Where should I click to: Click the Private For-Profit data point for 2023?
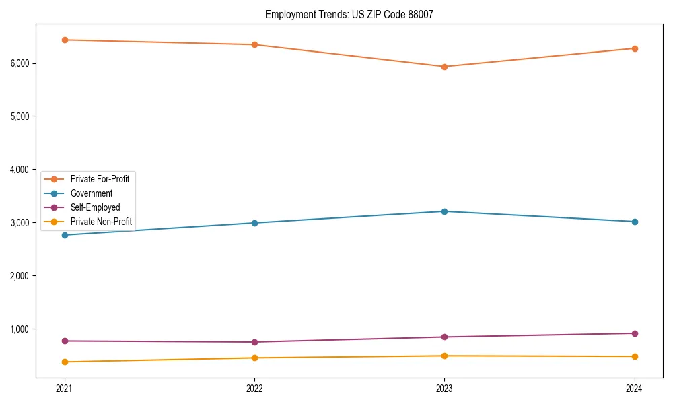(444, 67)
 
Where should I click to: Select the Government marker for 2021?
(65, 235)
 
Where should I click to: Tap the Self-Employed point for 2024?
(635, 333)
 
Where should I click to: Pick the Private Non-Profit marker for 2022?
(254, 358)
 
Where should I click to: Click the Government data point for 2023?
(444, 211)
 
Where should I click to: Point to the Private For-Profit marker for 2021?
(65, 40)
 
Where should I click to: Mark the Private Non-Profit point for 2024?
(635, 356)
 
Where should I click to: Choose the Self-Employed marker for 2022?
(254, 342)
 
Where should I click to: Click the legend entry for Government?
(91, 193)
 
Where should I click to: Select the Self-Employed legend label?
(95, 207)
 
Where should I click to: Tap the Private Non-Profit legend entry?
(101, 222)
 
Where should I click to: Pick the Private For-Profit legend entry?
(100, 179)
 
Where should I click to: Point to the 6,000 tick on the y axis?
(20, 63)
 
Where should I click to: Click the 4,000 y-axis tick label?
(20, 170)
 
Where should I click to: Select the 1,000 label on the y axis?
(20, 329)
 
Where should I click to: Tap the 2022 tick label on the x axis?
(254, 388)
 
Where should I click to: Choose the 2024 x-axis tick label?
(635, 388)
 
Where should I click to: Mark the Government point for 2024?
(635, 222)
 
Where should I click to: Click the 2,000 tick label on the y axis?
(20, 276)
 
